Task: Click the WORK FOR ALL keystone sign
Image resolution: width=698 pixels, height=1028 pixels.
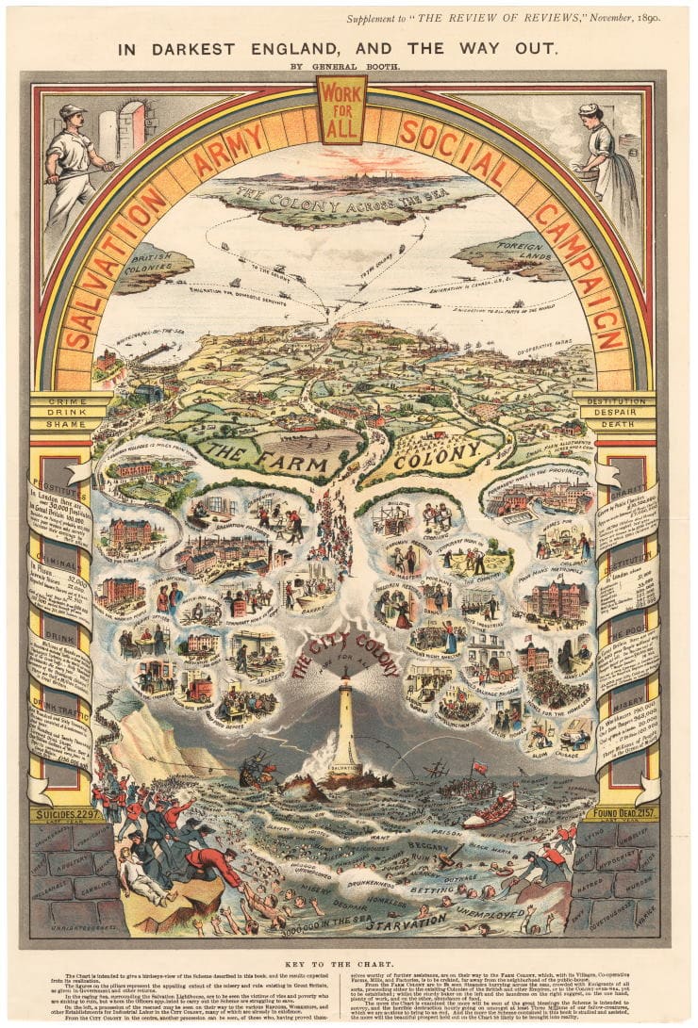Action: pos(341,108)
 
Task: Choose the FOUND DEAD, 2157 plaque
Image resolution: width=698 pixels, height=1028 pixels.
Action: pos(622,812)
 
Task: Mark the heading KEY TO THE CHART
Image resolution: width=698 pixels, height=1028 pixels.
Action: pos(348,965)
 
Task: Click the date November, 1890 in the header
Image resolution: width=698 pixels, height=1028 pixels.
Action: pos(625,16)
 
